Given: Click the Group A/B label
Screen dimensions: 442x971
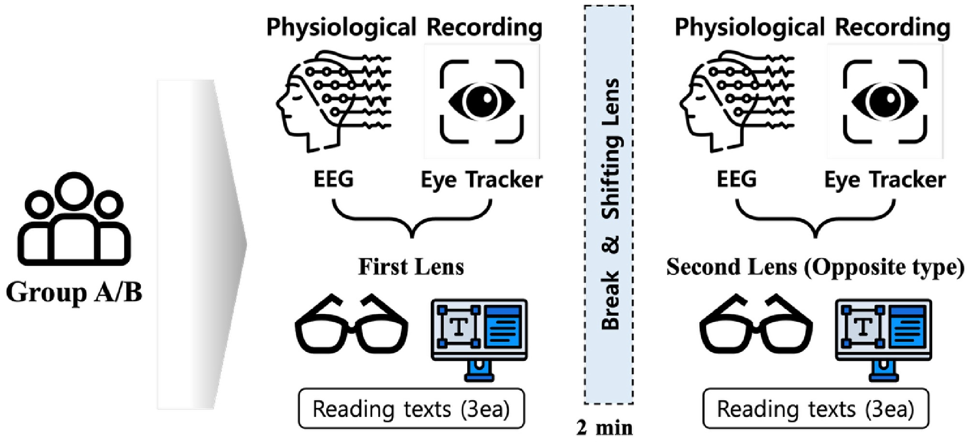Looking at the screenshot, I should coord(74,292).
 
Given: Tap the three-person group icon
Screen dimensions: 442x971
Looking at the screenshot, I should coord(74,220).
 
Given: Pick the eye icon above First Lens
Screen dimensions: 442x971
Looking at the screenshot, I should coord(482,101).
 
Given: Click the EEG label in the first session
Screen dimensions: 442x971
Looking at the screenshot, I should coord(333,179).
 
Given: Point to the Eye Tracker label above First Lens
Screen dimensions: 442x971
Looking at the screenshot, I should coord(481,180).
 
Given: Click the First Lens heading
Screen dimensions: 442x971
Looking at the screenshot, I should coord(411,267).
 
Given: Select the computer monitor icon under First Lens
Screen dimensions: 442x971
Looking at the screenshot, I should coord(479,338).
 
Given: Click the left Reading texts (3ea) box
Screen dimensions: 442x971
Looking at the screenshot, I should coord(411,409).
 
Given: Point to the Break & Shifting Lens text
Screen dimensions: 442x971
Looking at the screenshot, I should coord(610,203).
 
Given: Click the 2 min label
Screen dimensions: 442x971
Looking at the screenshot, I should coord(604,428).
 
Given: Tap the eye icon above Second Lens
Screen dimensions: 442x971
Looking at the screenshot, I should coord(885,101).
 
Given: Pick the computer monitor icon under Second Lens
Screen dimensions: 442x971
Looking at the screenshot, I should coord(883,338).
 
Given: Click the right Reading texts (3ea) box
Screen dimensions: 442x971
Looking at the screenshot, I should coord(816,409).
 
